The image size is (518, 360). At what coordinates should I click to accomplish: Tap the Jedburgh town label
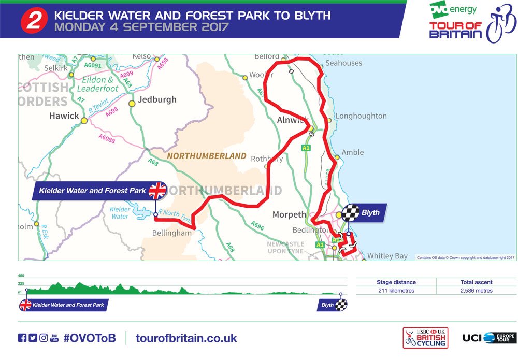click(157, 99)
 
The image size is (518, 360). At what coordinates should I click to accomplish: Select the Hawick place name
click(64, 116)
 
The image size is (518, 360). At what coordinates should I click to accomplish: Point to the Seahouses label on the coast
click(343, 63)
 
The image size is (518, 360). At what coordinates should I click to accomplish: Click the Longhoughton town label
click(361, 116)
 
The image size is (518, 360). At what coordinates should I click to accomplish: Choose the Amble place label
click(353, 152)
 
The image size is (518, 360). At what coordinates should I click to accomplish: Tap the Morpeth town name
click(290, 214)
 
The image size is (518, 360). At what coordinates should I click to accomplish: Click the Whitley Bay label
click(387, 256)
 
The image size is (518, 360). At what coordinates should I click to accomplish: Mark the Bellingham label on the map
click(171, 233)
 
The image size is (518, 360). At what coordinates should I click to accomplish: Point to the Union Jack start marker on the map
click(157, 191)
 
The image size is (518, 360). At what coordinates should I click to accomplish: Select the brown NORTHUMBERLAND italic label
click(206, 156)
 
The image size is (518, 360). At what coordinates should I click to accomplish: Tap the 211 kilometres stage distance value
click(396, 291)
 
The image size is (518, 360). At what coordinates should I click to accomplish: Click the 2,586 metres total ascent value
click(476, 291)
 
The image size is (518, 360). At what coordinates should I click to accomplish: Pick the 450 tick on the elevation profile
click(21, 276)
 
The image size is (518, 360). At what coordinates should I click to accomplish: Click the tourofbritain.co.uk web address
click(186, 338)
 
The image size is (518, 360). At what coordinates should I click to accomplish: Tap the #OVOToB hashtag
click(90, 338)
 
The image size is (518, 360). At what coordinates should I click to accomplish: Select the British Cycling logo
click(425, 338)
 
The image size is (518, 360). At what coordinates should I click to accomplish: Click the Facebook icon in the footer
click(22, 338)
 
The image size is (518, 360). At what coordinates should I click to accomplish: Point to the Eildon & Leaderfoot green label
click(100, 84)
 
